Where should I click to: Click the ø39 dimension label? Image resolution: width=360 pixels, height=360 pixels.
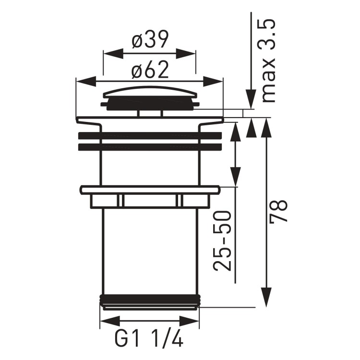click(150, 41)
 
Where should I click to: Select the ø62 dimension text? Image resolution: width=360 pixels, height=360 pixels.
click(150, 71)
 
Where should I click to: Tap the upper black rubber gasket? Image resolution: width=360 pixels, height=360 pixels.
click(150, 135)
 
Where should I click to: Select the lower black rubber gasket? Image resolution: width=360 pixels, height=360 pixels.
click(150, 147)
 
